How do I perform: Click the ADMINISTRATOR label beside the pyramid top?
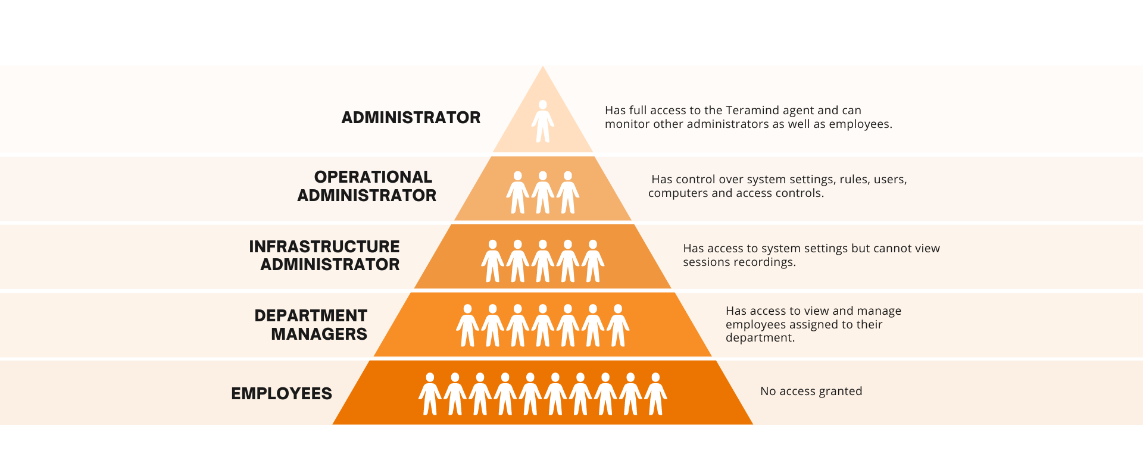(411, 117)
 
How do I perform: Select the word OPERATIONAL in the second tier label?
(373, 177)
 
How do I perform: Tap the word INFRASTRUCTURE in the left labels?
(324, 246)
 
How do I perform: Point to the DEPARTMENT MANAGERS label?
(311, 324)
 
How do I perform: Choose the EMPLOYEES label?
(282, 393)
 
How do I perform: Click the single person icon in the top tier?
(543, 121)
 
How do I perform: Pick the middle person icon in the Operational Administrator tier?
(543, 192)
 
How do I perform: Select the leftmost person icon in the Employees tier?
(430, 394)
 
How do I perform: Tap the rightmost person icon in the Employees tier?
(655, 394)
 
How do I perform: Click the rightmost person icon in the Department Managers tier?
(618, 325)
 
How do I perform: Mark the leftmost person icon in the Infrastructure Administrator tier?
(492, 261)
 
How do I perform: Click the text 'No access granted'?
(811, 391)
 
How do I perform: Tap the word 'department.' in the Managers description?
(760, 338)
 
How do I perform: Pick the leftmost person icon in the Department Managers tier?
(467, 325)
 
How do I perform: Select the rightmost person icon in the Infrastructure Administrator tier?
(593, 261)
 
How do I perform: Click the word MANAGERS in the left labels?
(319, 334)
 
